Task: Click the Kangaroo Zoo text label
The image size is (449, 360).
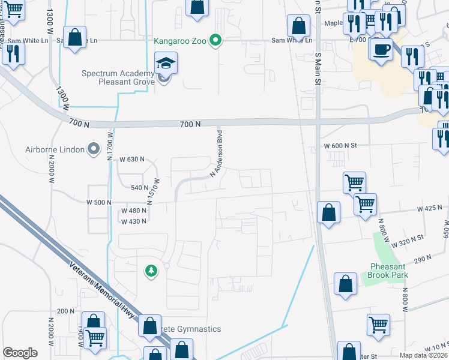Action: click(x=179, y=41)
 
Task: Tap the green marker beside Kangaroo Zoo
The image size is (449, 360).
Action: click(x=217, y=41)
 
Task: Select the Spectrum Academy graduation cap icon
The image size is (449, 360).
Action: click(x=164, y=62)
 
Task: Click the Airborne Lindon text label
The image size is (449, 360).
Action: click(x=52, y=149)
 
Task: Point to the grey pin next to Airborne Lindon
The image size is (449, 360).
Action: click(x=93, y=149)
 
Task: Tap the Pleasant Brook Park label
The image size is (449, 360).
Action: click(x=388, y=271)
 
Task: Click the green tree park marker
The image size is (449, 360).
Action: click(x=151, y=271)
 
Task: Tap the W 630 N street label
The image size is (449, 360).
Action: click(x=132, y=160)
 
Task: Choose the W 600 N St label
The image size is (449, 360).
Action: click(x=340, y=146)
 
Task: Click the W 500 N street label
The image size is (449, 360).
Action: click(x=98, y=203)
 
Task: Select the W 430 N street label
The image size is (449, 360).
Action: click(x=134, y=221)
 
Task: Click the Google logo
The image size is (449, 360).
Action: click(x=20, y=353)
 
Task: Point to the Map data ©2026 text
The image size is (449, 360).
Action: click(x=424, y=355)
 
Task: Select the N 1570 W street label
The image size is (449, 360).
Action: click(x=156, y=191)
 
